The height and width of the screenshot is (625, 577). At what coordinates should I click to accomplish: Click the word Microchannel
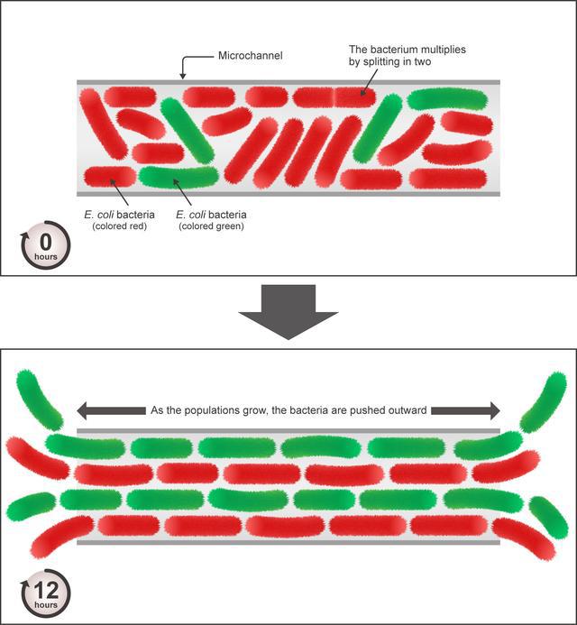tap(249, 56)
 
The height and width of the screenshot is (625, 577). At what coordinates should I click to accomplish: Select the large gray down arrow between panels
tap(288, 311)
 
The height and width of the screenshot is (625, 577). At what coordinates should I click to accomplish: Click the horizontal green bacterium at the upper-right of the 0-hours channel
tap(447, 98)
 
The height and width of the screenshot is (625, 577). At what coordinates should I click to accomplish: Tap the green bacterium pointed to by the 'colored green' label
tap(178, 175)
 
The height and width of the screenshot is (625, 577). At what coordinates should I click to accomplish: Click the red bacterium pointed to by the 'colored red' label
tap(108, 175)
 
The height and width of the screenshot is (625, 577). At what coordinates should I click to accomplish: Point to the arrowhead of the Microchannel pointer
tap(184, 76)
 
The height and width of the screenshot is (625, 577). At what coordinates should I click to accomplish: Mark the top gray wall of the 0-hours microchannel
tap(288, 83)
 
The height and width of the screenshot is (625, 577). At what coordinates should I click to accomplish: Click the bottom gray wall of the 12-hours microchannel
tap(288, 542)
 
